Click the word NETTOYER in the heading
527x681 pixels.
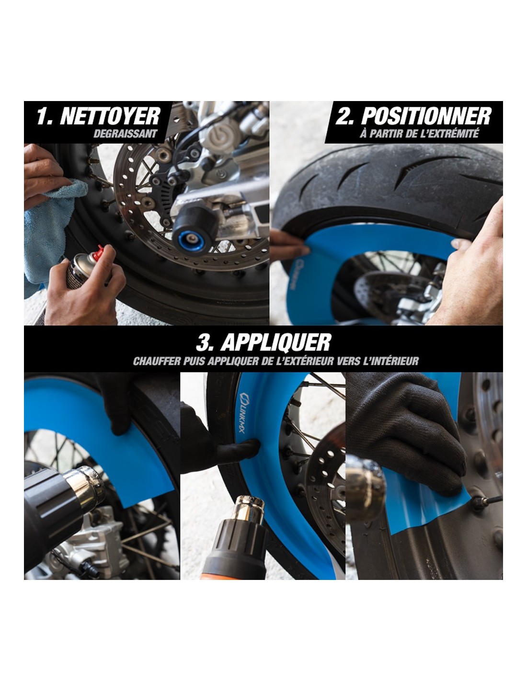pyautogui.click(x=110, y=116)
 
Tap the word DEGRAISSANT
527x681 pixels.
pyautogui.click(x=125, y=134)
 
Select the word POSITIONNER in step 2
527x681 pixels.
pyautogui.click(x=426, y=116)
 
